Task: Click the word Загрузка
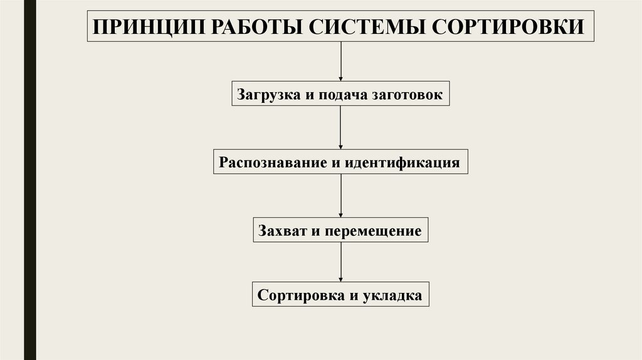pos(267,95)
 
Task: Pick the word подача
pos(342,95)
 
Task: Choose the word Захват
pos(281,231)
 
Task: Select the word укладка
pos(392,294)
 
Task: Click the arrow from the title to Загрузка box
pos(341,62)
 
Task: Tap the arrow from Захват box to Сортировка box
pos(341,262)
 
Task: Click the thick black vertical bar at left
pos(29,180)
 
